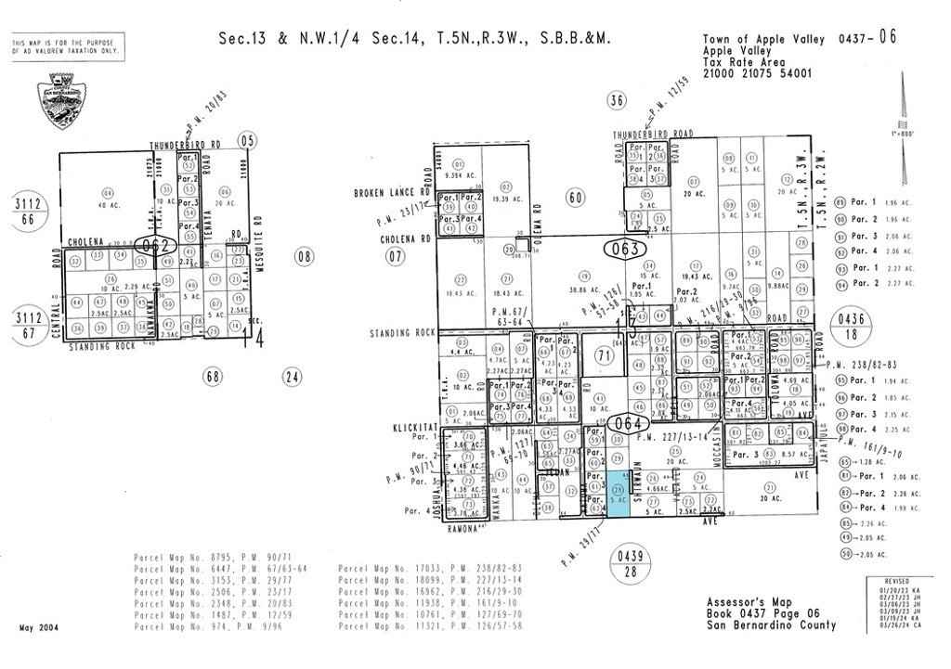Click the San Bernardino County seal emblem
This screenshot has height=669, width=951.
pos(60,102)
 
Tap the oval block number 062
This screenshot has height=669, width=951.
pos(155,246)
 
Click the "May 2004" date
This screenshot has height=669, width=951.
pos(39,628)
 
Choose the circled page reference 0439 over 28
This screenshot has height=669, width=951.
pos(631,563)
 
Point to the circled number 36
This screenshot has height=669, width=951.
pos(616,100)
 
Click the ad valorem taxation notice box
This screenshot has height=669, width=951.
pos(67,47)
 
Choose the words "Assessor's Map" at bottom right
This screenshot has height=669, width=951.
pos(743,601)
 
